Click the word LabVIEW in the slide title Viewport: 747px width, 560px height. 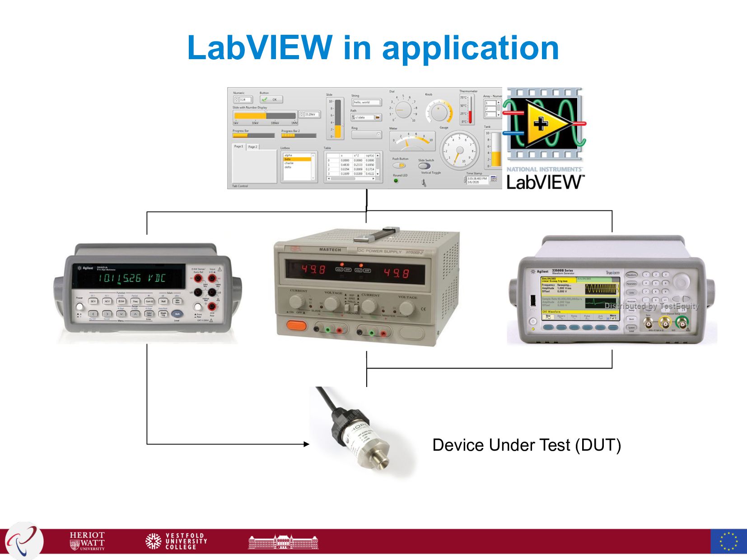tap(260, 47)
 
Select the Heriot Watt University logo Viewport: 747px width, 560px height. tap(87, 541)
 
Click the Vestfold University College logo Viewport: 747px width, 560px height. tap(176, 541)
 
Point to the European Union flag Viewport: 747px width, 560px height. tap(728, 541)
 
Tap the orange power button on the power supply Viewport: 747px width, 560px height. tap(296, 325)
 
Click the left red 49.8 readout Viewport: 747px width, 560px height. tap(313, 270)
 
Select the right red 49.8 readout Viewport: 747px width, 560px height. tap(396, 273)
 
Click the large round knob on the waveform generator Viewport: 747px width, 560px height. tap(681, 282)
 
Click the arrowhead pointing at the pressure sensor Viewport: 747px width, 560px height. tap(307, 444)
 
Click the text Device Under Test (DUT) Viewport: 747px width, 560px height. tap(527, 445)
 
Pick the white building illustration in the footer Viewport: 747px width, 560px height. tap(283, 541)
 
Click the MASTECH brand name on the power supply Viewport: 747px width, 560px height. tap(330, 250)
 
